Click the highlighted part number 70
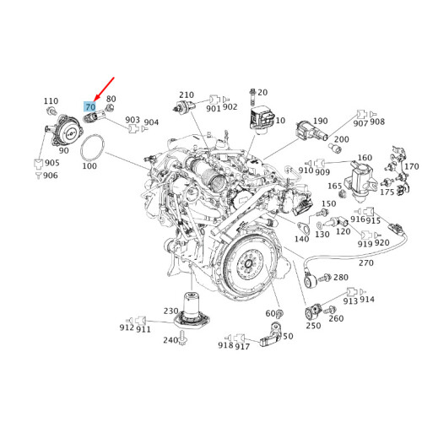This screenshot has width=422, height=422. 90,108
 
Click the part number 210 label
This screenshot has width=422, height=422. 187,95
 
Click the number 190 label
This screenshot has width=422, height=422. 320,122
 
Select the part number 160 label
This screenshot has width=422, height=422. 365,158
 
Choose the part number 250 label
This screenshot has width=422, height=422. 312,326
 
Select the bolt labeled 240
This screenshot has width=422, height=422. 184,340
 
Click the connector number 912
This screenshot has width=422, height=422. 127,327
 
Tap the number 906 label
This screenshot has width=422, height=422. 51,176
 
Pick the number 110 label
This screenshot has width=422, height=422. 51,100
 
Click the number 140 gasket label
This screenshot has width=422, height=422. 301,240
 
